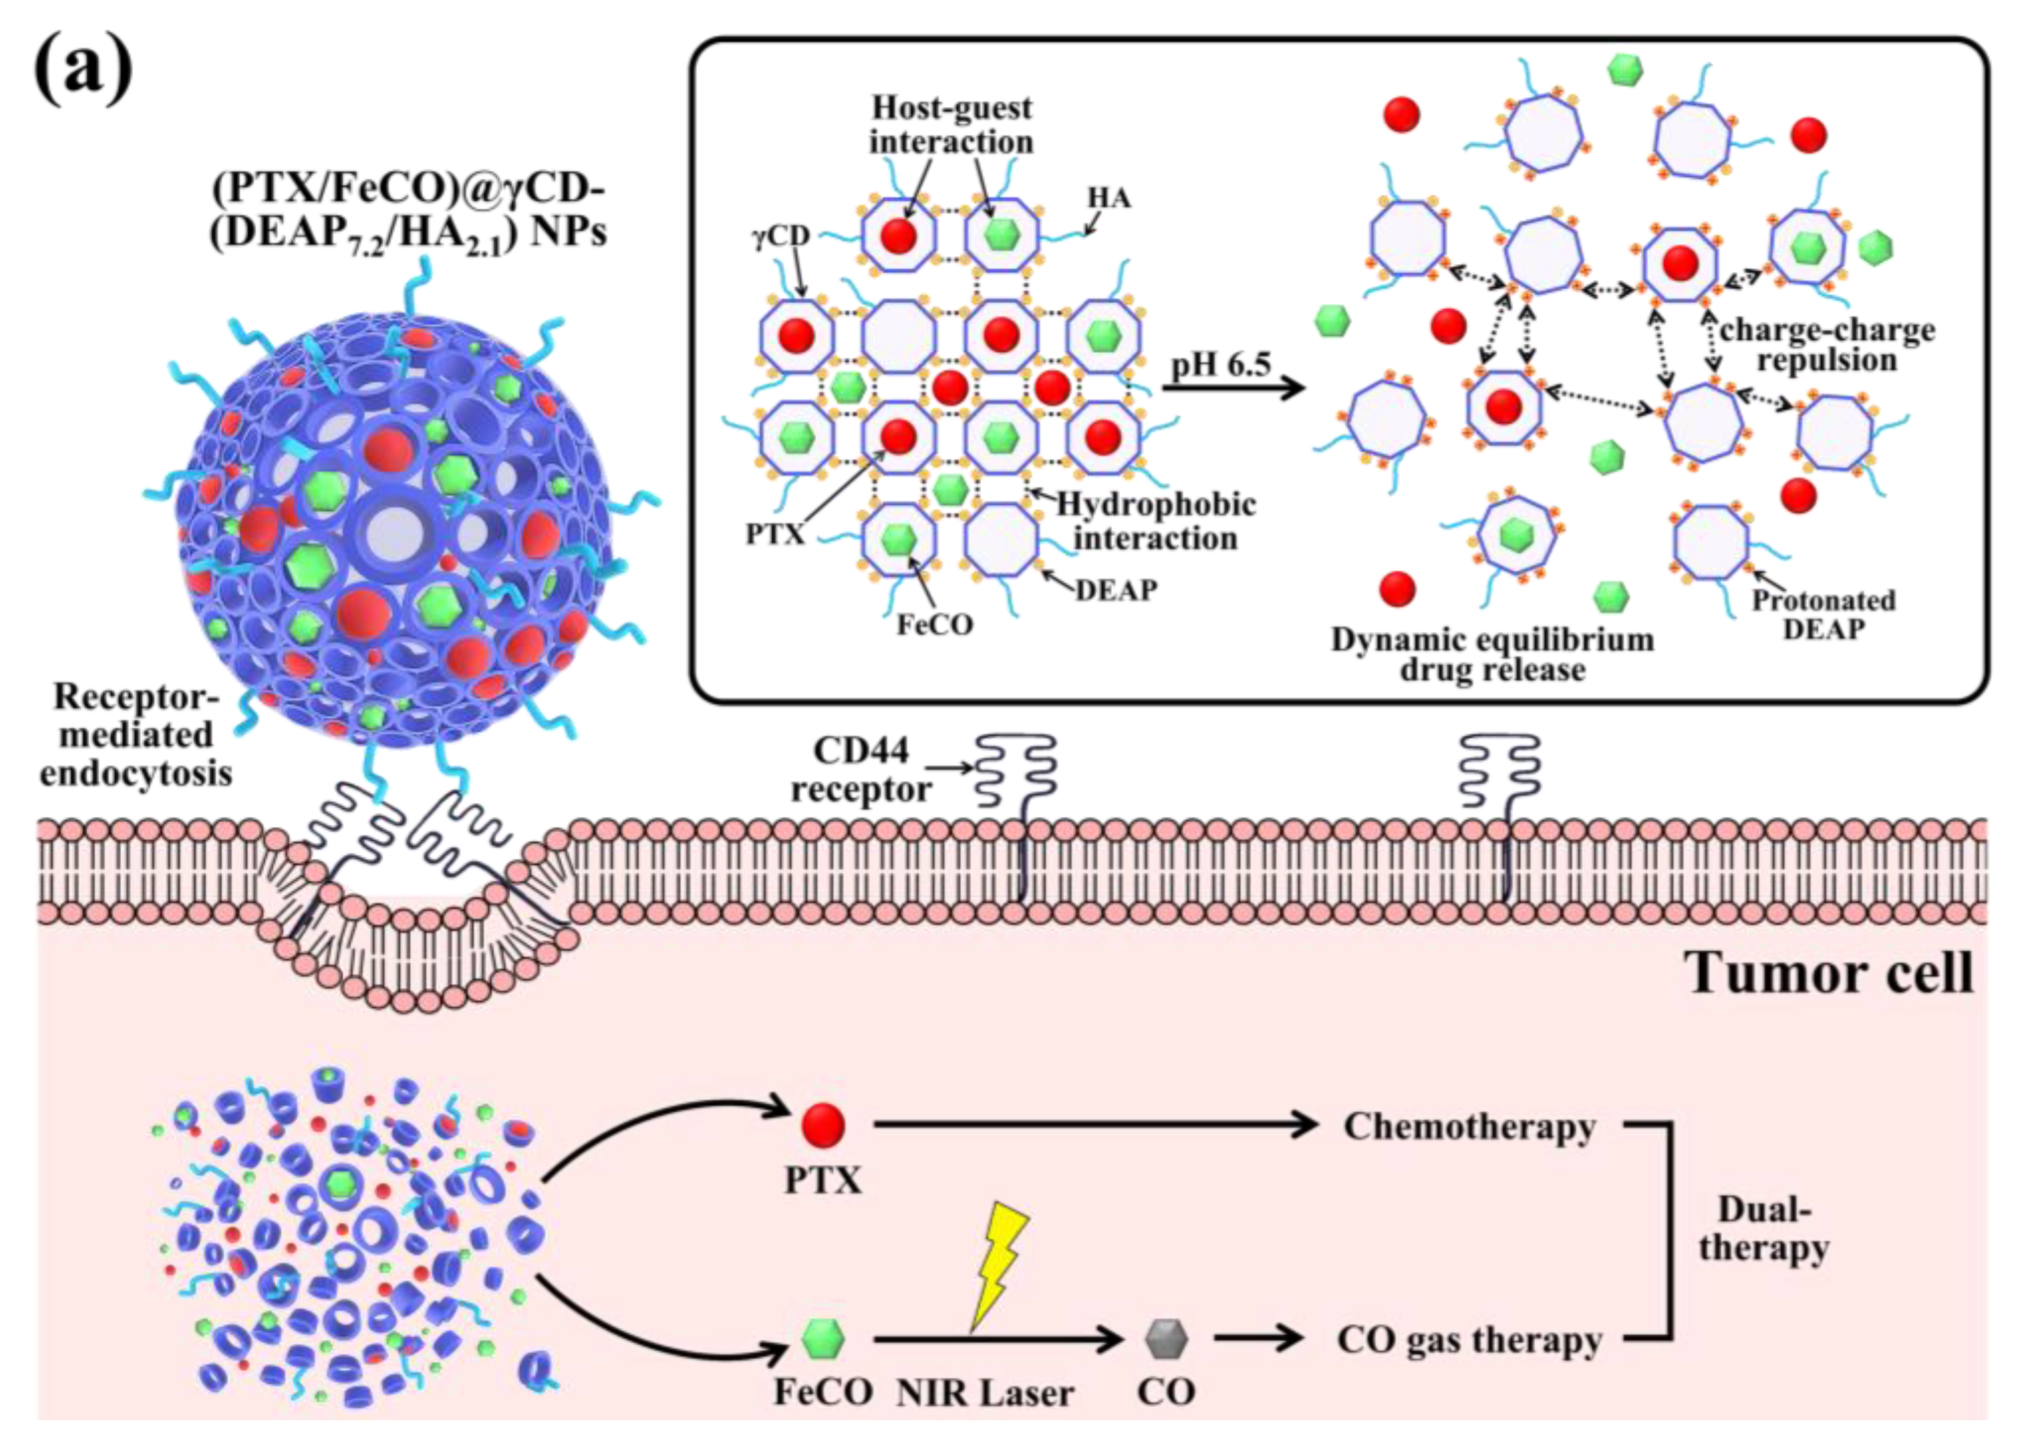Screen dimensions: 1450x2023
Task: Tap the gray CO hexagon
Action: click(x=1166, y=1339)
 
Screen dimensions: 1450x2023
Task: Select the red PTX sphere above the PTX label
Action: click(x=823, y=1124)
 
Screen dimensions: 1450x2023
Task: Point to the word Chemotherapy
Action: click(x=1469, y=1126)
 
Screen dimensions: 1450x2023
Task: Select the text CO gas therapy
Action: click(x=1469, y=1340)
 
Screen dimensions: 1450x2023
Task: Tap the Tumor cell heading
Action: click(x=1828, y=973)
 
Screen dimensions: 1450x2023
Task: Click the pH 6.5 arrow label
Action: click(x=1220, y=364)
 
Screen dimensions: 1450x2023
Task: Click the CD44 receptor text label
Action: click(x=861, y=770)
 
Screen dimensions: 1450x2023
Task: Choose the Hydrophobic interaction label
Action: click(x=1155, y=521)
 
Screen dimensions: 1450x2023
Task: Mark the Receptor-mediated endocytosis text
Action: click(x=136, y=734)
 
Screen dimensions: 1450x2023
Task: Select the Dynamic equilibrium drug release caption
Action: click(x=1492, y=654)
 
